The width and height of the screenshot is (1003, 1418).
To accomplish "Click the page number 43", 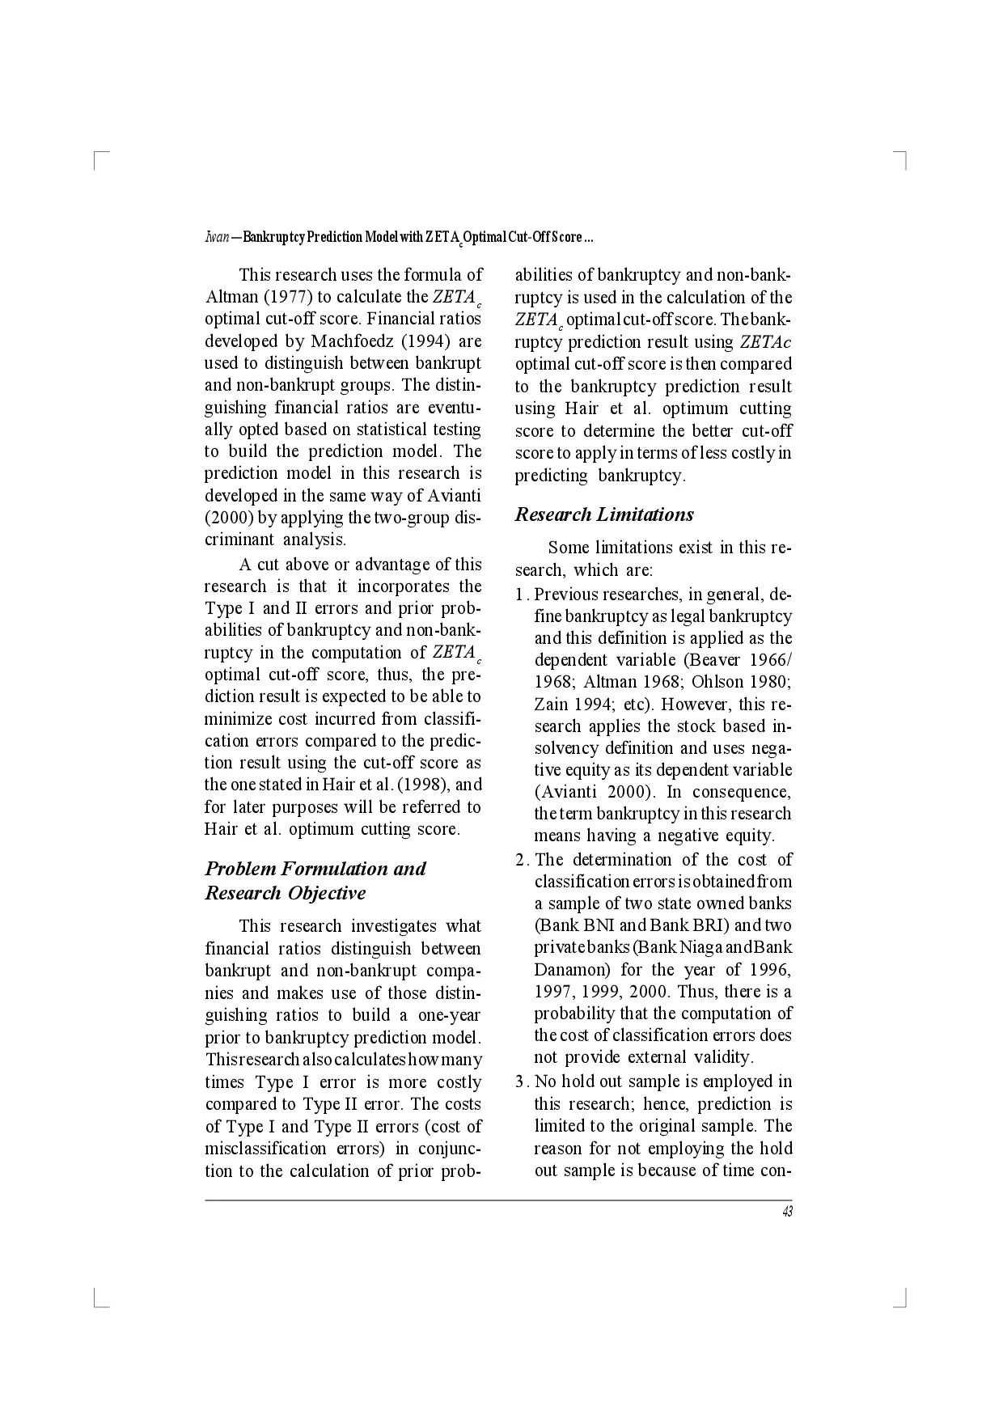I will (787, 1212).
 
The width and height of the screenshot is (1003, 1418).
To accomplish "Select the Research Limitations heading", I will (604, 514).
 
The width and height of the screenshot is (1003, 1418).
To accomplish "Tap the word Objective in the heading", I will (326, 893).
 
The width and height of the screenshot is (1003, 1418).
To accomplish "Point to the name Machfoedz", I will (353, 341).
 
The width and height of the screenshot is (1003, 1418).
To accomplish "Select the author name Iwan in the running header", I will (216, 238).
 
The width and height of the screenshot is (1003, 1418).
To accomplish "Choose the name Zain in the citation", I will (551, 704).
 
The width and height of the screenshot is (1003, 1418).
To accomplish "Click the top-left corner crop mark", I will (99, 158).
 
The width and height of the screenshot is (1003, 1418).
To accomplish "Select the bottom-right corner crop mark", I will (903, 1301).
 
